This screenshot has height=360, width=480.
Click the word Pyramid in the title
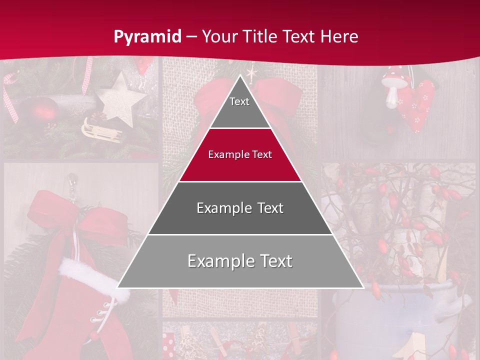(x=147, y=37)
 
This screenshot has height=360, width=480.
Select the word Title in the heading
(x=260, y=36)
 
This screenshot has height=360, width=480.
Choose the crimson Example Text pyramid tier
(x=240, y=155)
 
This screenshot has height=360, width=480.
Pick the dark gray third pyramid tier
(x=240, y=208)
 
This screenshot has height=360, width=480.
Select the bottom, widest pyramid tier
(x=240, y=261)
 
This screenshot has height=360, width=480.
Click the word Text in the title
(x=299, y=36)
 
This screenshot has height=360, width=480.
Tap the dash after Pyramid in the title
(x=191, y=37)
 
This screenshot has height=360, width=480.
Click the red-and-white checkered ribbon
(x=10, y=95)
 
